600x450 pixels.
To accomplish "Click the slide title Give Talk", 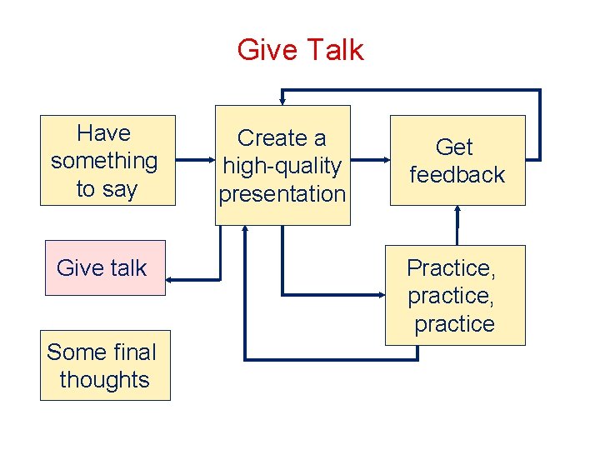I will tap(300, 50).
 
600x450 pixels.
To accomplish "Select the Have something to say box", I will tap(107, 160).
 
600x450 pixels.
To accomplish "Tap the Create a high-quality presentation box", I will tap(282, 165).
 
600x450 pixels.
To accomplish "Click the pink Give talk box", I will tap(105, 267).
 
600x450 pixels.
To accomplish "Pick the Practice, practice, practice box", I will tap(454, 295).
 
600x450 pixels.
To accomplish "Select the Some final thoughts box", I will tap(105, 366).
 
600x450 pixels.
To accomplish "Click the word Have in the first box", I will tap(104, 133).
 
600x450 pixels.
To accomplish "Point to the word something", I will tap(104, 161).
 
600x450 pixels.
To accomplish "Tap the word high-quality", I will tap(282, 166).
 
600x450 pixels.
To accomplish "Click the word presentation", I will tap(282, 194).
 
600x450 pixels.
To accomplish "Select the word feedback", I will tap(457, 175).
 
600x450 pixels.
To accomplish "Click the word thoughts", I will tap(105, 380).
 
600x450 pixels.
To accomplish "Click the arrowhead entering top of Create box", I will tap(282, 100).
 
